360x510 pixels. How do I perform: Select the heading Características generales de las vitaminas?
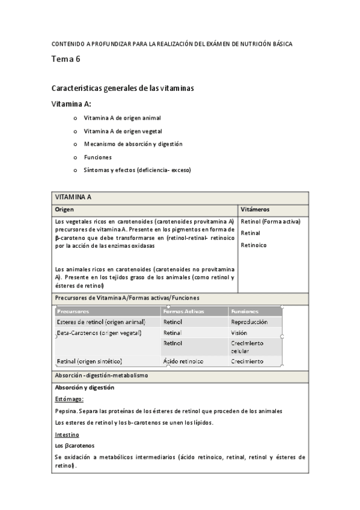pos(123,88)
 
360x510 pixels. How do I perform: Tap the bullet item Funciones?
pos(97,157)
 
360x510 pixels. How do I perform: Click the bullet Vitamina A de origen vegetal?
pos(123,131)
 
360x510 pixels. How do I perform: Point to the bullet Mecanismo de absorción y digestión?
pos(133,144)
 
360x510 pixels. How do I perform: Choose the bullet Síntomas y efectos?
pos(137,170)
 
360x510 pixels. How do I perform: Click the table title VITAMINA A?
pos(73,197)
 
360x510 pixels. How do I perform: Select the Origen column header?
pos(64,209)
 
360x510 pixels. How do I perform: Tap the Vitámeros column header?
pos(255,209)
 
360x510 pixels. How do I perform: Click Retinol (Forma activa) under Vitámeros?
pos(270,221)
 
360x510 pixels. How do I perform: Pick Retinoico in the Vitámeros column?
pos(254,245)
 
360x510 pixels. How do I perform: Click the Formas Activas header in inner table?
pos(183,312)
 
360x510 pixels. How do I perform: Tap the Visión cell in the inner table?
pos(239,333)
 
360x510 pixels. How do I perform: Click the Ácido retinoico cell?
pos(183,361)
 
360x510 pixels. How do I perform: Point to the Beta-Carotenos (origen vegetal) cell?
pos(99,333)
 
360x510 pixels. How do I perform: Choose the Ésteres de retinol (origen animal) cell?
pos(100,322)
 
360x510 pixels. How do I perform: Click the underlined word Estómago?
pos(69,399)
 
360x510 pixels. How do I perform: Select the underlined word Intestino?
pos(67,434)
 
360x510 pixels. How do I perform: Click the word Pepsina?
pos(65,411)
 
